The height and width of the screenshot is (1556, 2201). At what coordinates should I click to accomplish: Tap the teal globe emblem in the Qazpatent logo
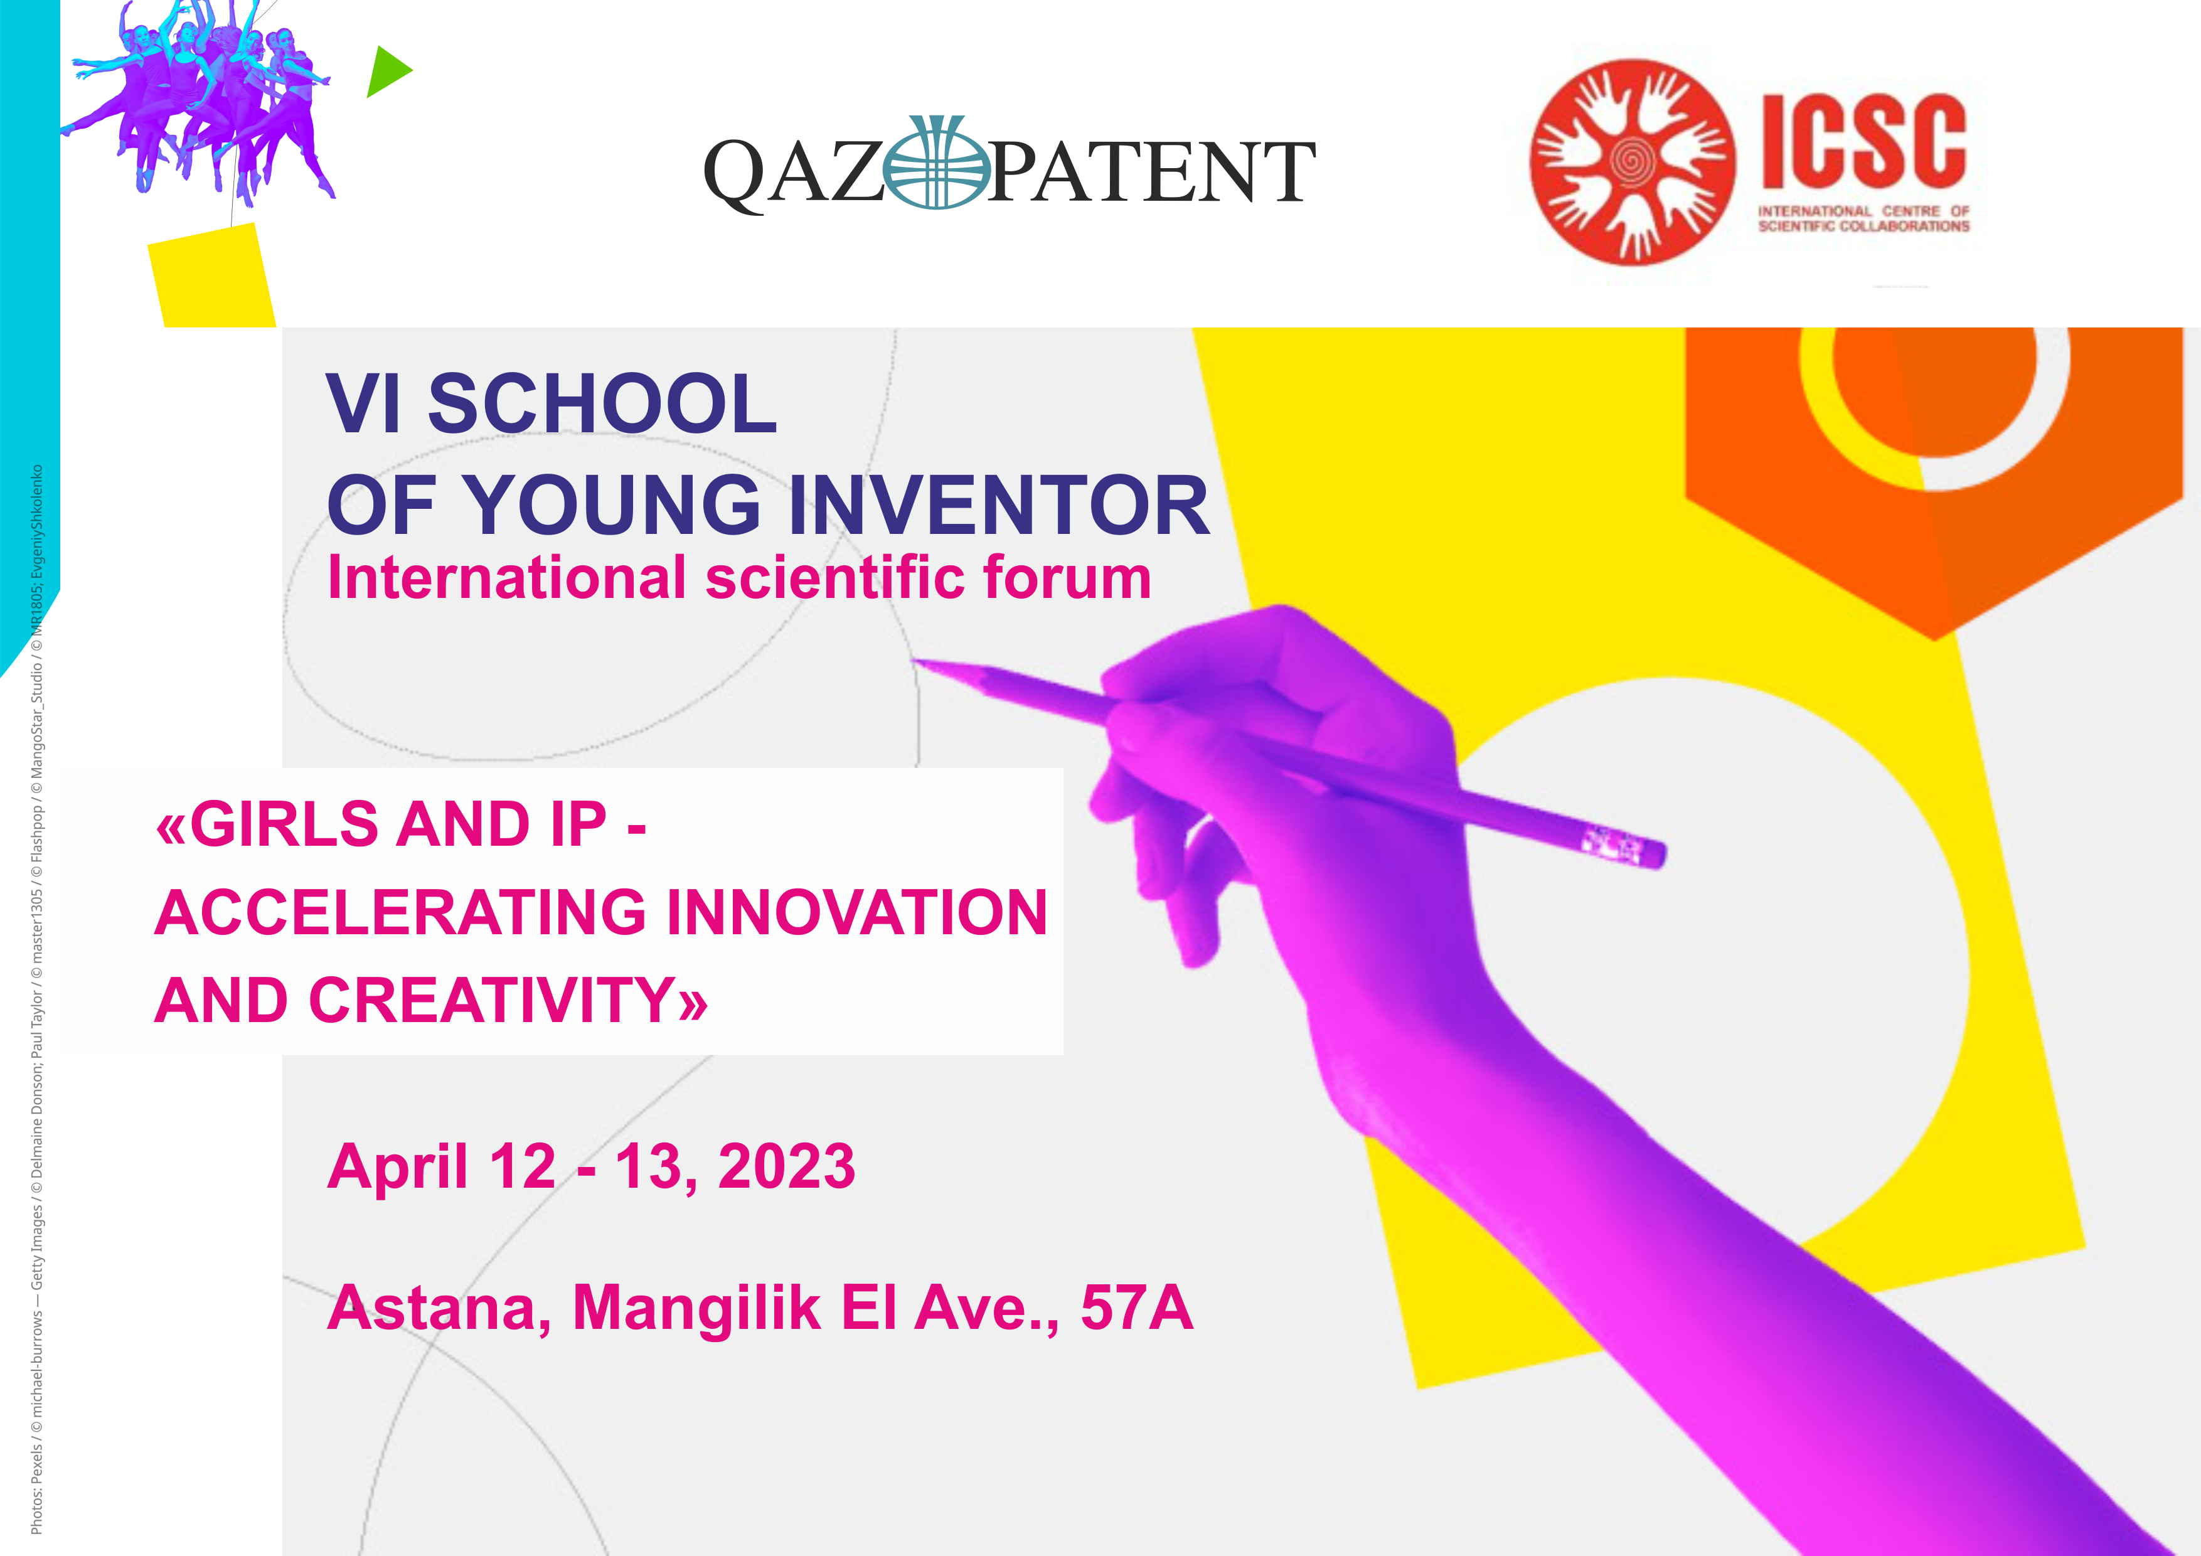[937, 164]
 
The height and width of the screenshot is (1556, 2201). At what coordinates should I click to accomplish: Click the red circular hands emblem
[1631, 162]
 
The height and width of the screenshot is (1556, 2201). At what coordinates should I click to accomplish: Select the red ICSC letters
[1863, 142]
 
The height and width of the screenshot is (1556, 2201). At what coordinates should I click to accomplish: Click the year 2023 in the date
[786, 1167]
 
